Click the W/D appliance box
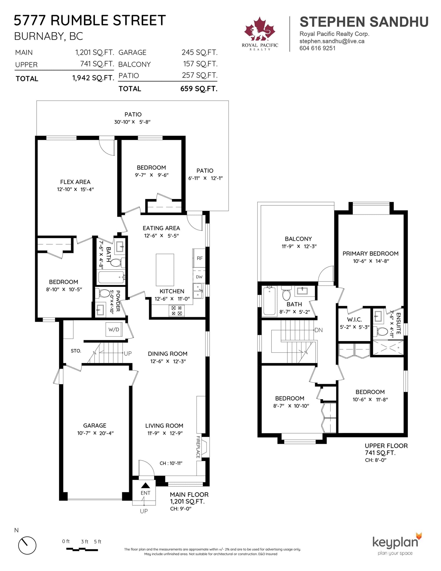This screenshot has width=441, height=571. pyautogui.click(x=114, y=329)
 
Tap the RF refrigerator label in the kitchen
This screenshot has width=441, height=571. pyautogui.click(x=200, y=258)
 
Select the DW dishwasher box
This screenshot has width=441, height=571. pyautogui.click(x=199, y=277)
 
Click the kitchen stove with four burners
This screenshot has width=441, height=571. pyautogui.click(x=176, y=311)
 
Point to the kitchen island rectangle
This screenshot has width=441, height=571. pyautogui.click(x=165, y=270)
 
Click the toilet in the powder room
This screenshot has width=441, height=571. pyautogui.click(x=103, y=293)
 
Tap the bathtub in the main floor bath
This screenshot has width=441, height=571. pyautogui.click(x=111, y=277)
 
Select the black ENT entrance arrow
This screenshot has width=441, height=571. pyautogui.click(x=146, y=485)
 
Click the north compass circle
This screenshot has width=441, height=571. pyautogui.click(x=27, y=545)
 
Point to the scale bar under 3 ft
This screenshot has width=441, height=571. pyautogui.click(x=82, y=549)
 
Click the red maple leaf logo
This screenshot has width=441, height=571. pyautogui.click(x=259, y=29)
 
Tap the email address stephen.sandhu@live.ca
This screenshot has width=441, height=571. pyautogui.click(x=332, y=41)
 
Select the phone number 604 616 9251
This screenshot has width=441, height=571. pyautogui.click(x=318, y=48)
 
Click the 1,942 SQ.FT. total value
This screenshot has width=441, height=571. pyautogui.click(x=93, y=78)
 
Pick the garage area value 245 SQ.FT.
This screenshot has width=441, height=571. pyautogui.click(x=200, y=52)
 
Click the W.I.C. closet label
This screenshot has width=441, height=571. pyautogui.click(x=354, y=320)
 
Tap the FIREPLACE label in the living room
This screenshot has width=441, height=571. pyautogui.click(x=198, y=447)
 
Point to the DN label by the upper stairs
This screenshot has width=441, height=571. pyautogui.click(x=319, y=330)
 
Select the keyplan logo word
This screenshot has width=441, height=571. pyautogui.click(x=395, y=542)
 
